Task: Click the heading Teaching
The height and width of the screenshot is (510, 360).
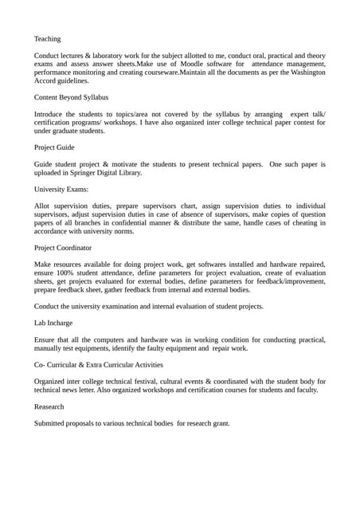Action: (x=47, y=38)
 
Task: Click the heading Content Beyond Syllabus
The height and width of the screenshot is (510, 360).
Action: (x=71, y=97)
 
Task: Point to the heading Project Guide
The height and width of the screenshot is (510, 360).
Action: (x=54, y=147)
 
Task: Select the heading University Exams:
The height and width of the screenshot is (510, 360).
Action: (x=61, y=190)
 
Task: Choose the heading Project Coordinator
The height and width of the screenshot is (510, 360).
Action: (x=63, y=248)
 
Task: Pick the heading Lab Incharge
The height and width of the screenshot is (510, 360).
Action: (x=53, y=323)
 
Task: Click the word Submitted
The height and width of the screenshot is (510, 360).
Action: (x=53, y=423)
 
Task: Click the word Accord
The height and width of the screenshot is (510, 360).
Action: (x=46, y=80)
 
